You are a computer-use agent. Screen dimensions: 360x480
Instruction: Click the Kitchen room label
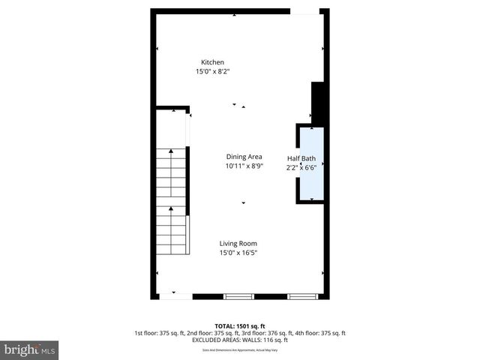point(212,62)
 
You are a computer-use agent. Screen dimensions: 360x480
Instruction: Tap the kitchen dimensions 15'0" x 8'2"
point(212,72)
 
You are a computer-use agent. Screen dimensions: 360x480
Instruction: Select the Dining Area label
point(244,157)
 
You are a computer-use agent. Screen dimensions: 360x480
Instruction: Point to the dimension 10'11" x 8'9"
point(244,166)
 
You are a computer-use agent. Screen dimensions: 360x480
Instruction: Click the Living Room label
point(238,244)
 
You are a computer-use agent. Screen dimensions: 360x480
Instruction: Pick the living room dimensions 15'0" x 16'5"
point(238,253)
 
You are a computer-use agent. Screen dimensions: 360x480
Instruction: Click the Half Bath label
point(302,158)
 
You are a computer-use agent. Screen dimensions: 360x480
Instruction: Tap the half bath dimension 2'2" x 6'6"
point(302,168)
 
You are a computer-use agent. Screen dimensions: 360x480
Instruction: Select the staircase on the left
point(171,202)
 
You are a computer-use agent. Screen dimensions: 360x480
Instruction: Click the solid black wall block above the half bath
point(317,102)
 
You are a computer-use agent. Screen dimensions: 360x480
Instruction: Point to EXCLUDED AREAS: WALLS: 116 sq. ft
point(239,340)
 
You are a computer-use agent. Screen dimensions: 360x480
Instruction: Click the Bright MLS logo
point(30,349)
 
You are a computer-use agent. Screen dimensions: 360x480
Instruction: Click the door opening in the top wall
point(304,11)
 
